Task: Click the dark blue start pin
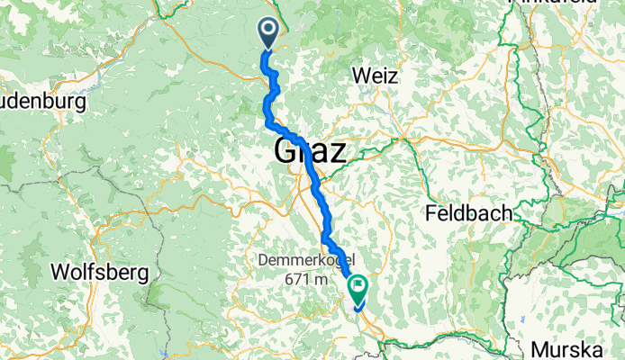tap(268, 33)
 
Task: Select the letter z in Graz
tap(336, 151)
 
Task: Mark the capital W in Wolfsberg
tap(60, 271)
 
